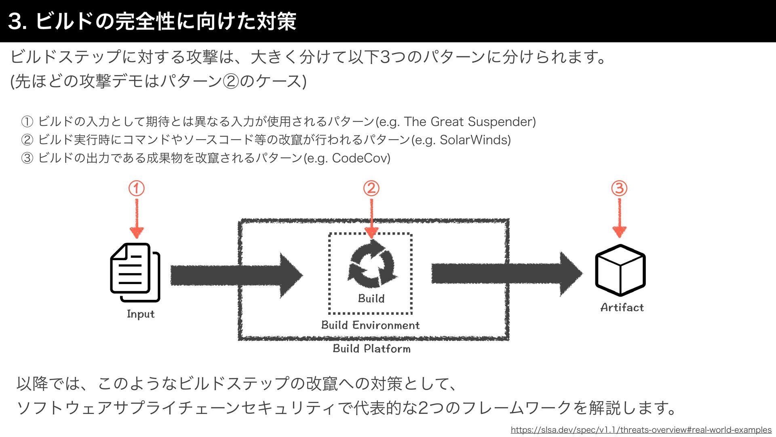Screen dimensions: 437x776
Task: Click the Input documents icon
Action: coord(135,272)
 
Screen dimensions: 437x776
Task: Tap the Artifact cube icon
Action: coord(620,270)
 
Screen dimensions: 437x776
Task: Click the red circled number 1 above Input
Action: coord(137,189)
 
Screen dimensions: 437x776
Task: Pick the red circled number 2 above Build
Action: coord(371,189)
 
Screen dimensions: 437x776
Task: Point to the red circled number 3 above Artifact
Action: coord(619,189)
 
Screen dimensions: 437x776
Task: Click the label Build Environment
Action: coord(370,325)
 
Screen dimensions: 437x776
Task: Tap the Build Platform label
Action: coord(371,349)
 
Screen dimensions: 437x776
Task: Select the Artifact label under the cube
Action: coord(622,308)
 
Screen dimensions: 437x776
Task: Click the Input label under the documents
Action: coord(141,314)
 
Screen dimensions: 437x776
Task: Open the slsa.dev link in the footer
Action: coord(641,430)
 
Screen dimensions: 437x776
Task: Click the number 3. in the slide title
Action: coord(17,21)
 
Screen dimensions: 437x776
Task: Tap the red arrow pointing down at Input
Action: coord(137,218)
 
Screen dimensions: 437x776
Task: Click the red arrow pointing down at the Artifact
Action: coord(619,218)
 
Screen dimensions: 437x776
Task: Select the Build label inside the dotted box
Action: coord(371,299)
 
